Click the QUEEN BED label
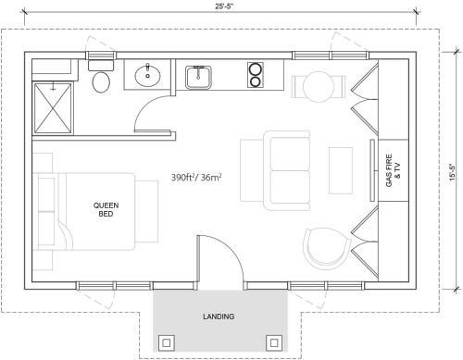(106, 209)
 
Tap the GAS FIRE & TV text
(393, 170)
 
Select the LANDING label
(219, 317)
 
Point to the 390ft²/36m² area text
(197, 178)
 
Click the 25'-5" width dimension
(224, 6)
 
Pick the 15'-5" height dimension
(453, 171)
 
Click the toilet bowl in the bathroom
(101, 81)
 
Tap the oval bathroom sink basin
(147, 75)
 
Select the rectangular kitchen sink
(198, 77)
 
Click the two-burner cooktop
(256, 75)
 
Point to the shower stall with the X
(53, 108)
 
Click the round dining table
(319, 87)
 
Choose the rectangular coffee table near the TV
(341, 170)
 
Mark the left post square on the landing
(167, 342)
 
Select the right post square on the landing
(274, 342)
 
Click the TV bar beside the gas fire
(372, 170)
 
